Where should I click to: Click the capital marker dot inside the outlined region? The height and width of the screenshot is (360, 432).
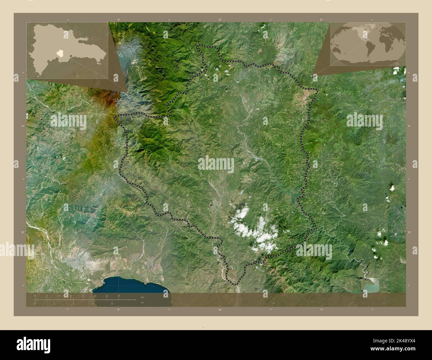coord(211,206)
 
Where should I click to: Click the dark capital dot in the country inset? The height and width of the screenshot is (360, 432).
coord(71,55)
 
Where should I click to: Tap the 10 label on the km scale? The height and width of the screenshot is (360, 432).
coord(95,296)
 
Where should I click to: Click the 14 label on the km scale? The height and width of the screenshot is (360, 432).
coord(119,296)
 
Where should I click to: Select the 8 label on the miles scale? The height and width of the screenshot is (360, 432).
coord(112,304)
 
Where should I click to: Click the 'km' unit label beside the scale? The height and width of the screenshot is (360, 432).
coord(143,297)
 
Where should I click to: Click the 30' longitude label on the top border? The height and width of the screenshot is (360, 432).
coord(220,20)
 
